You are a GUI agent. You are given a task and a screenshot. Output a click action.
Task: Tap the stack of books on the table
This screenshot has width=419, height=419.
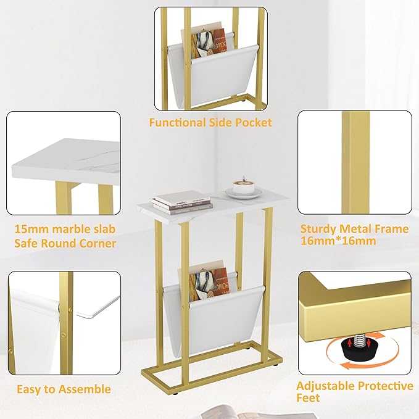pos(181,199)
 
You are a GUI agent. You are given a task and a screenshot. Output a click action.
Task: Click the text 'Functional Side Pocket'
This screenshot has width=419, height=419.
pos(210,122)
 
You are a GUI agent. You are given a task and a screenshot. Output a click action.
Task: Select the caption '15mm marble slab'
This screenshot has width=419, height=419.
pos(65,230)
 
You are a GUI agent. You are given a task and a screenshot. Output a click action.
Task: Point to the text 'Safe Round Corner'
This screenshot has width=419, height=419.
pos(65,243)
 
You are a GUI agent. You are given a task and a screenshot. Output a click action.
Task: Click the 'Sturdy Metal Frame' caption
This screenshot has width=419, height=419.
pos(354,229)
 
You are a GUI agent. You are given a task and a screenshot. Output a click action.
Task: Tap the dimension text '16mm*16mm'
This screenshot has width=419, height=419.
pos(338,241)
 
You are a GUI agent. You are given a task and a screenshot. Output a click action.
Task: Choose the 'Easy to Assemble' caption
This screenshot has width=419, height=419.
pos(64,389)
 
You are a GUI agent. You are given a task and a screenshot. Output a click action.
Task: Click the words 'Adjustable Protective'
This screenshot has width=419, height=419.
pos(355,386)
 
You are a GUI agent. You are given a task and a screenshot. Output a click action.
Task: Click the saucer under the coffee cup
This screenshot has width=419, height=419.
pos(241,194)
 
